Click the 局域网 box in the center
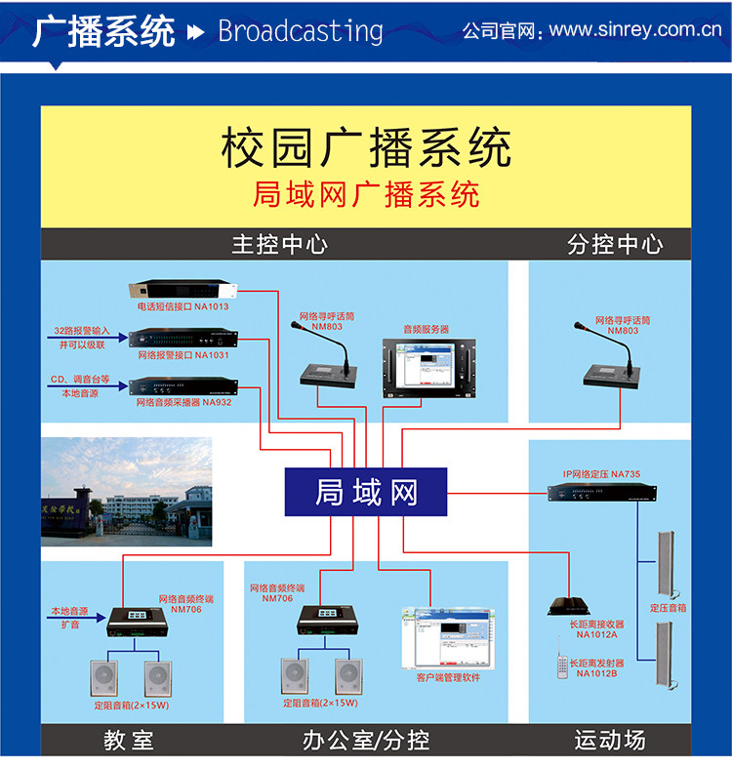(365, 493)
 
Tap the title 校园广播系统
(366, 149)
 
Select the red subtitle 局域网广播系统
(366, 194)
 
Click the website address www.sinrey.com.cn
(634, 30)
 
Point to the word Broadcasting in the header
(301, 31)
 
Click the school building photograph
(126, 491)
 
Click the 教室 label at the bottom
(128, 741)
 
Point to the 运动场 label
(610, 741)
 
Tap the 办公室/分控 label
(366, 741)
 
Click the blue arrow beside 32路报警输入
(84, 338)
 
